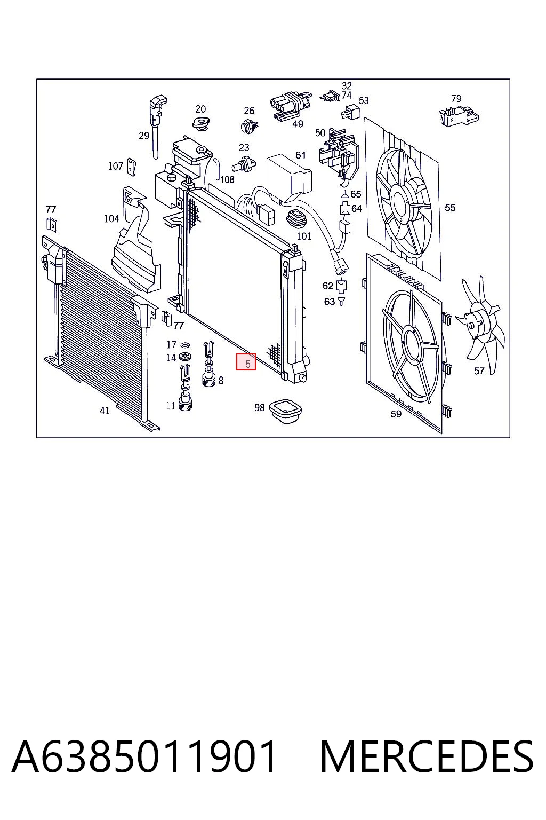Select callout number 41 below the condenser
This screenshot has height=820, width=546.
pos(105,411)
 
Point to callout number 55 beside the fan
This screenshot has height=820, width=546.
pos(450,208)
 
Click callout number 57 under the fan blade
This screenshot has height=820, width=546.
pos(479,371)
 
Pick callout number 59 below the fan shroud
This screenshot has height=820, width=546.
pos(396,414)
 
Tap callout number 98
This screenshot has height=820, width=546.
pos(259,407)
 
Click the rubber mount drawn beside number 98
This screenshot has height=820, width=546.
pos(285,412)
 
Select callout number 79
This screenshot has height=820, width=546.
pos(456,99)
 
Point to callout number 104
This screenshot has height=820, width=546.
pos(111,219)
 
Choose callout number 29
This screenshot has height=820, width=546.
pos(144,136)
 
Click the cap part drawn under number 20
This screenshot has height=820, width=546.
pos(200,123)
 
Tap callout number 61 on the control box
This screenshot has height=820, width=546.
pos(301,155)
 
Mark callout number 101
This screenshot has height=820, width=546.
pos(304,236)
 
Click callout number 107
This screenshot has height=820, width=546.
pos(115,166)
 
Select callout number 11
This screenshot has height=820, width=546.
pos(171,406)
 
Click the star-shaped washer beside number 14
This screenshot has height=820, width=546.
pos(186,357)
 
